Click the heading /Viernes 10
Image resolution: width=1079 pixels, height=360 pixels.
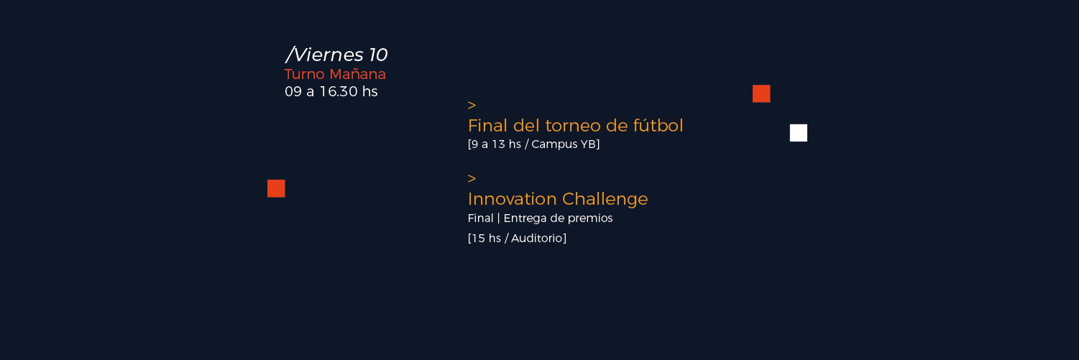336,55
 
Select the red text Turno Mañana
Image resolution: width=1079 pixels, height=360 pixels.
335,74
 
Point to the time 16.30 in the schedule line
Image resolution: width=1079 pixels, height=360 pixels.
339,91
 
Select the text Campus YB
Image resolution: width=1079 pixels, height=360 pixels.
564,144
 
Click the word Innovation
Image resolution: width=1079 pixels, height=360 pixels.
512,199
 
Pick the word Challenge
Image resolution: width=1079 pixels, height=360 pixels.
605,199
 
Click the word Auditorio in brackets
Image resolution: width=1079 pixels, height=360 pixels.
536,239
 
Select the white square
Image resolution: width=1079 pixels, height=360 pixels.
798,133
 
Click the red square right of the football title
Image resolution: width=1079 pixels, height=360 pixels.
761,93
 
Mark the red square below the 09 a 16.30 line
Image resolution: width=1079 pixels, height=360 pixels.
276,188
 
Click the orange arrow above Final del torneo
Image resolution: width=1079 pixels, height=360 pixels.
472,105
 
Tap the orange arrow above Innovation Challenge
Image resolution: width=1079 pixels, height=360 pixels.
472,178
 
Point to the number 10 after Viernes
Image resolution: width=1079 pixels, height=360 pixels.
378,55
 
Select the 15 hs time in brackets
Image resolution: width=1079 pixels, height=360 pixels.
487,239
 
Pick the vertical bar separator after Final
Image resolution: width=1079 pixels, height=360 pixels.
498,218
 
